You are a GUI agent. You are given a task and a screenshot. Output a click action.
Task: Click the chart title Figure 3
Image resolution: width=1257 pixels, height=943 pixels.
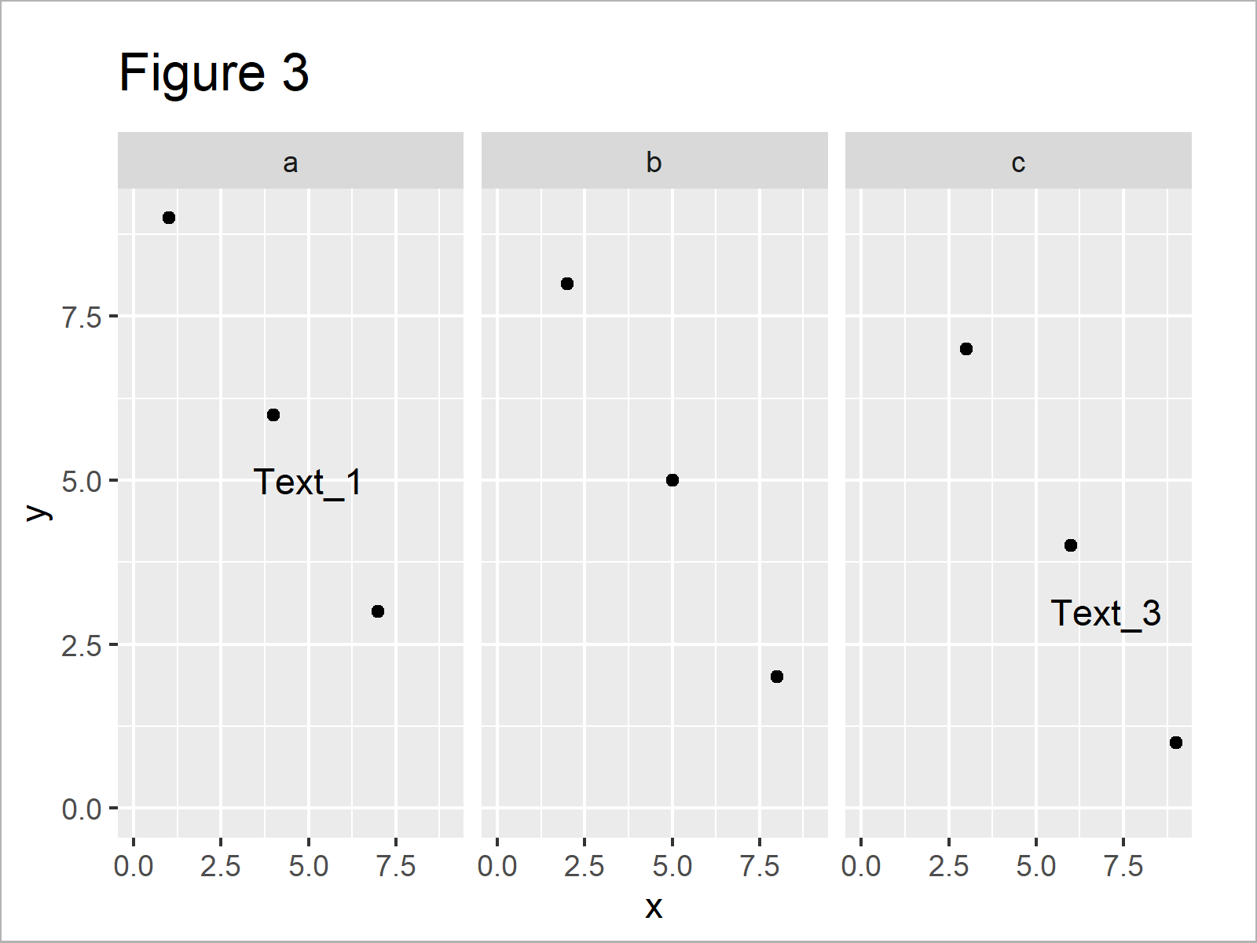click(x=214, y=73)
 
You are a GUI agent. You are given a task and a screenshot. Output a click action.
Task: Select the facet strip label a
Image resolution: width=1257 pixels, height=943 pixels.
click(x=290, y=163)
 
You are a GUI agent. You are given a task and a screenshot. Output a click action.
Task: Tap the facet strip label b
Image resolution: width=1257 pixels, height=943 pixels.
click(x=654, y=163)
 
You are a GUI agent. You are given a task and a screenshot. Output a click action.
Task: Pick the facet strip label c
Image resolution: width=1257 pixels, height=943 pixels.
click(x=1018, y=163)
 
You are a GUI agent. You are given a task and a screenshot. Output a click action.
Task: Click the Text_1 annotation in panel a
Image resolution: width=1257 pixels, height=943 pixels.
click(x=308, y=483)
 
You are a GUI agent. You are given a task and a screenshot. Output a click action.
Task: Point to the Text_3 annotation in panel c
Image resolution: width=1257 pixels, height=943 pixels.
click(x=1105, y=614)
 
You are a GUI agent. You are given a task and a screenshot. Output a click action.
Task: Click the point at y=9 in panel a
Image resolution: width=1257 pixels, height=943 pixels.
click(x=169, y=218)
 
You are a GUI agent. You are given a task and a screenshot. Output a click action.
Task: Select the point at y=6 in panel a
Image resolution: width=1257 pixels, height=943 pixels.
click(x=273, y=415)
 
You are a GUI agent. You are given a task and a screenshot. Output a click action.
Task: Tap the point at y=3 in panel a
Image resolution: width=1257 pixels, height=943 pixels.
click(x=378, y=611)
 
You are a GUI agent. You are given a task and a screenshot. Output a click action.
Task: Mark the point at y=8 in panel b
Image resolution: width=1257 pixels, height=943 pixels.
click(x=567, y=284)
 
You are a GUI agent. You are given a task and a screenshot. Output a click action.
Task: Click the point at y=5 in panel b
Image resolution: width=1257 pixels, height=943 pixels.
click(x=672, y=480)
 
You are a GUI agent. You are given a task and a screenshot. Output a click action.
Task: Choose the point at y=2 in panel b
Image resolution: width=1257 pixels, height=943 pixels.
click(x=777, y=677)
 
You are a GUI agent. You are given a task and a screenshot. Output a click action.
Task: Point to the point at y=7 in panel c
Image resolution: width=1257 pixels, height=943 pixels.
click(x=966, y=349)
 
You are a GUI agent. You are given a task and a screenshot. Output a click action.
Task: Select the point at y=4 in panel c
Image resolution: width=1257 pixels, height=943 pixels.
click(x=1071, y=545)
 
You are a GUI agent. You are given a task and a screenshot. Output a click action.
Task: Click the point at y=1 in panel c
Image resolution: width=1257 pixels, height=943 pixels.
click(x=1176, y=743)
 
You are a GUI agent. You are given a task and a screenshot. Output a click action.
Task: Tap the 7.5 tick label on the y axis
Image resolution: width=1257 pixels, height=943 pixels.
click(x=82, y=317)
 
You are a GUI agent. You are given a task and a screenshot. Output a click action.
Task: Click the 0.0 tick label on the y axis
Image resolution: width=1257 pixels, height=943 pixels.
click(x=82, y=809)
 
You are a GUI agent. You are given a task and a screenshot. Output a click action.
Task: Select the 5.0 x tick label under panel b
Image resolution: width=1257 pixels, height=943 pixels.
click(x=672, y=866)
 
